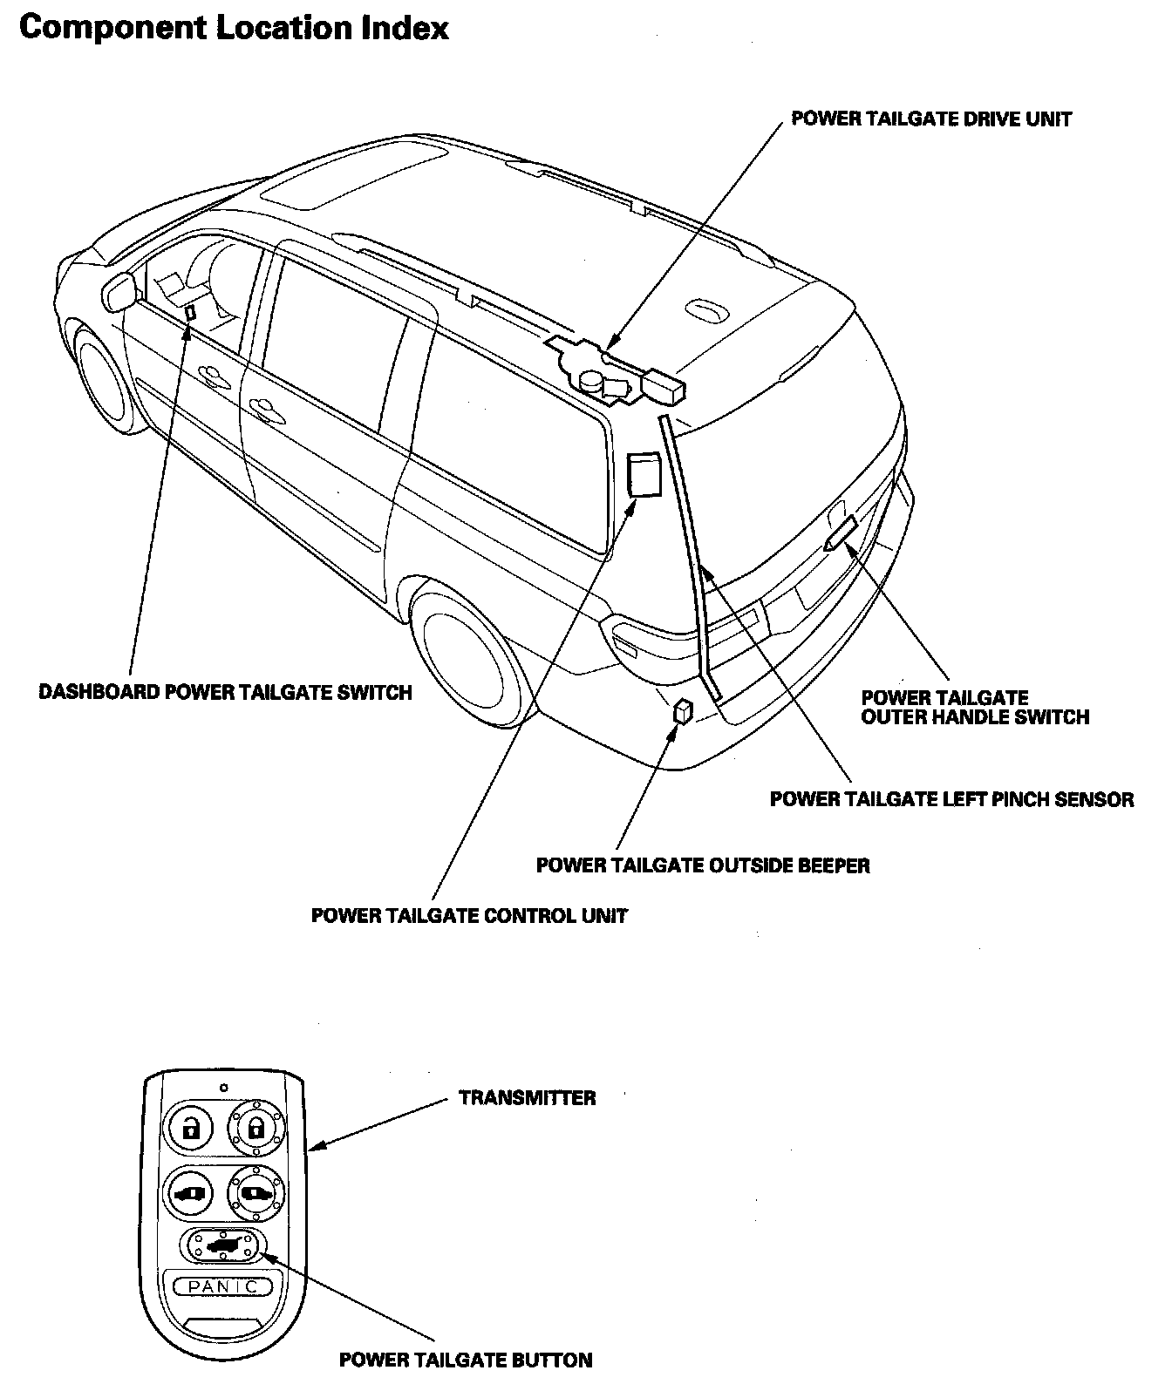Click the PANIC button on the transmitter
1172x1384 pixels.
click(222, 1286)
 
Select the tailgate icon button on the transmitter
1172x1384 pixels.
click(222, 1245)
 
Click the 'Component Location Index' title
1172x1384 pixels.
click(234, 29)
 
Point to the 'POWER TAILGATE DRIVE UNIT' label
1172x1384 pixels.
click(931, 119)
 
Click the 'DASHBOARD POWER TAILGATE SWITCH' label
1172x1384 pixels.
click(225, 693)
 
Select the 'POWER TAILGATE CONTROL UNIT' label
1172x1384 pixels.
click(469, 916)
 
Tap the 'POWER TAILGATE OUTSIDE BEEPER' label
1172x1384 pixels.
click(703, 865)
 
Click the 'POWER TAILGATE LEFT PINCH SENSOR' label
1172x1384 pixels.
click(951, 799)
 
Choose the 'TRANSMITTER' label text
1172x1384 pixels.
click(528, 1098)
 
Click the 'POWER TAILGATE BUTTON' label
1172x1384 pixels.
click(466, 1360)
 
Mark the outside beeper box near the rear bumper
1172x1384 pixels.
click(682, 711)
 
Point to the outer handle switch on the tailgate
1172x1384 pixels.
click(839, 533)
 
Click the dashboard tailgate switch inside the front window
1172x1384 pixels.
click(190, 313)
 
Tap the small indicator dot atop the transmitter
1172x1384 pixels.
click(223, 1088)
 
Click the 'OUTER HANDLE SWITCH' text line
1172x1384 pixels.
click(975, 717)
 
